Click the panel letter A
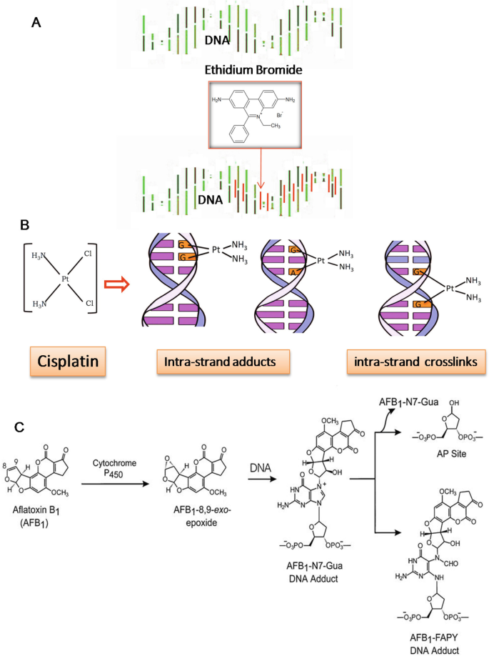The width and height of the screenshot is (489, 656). [x=35, y=23]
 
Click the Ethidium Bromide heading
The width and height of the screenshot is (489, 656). [x=243, y=71]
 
